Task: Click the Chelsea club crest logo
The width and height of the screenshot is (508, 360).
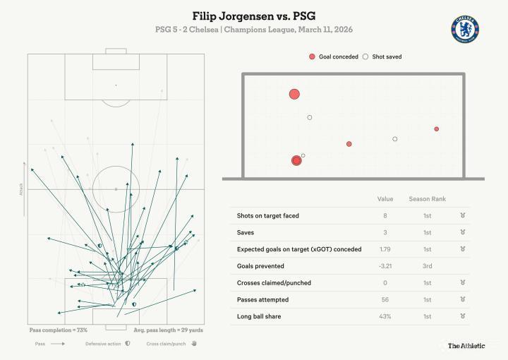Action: tap(464, 29)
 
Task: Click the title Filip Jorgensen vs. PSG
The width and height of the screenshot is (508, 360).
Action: tap(253, 16)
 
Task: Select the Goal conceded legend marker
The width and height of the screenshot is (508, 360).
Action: tap(312, 56)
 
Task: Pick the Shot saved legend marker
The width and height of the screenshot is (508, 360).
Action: tap(365, 56)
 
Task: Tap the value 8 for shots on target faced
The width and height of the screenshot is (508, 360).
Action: tap(385, 215)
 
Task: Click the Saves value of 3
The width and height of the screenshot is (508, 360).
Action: tap(385, 232)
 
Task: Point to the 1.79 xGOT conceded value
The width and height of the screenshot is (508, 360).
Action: tap(385, 249)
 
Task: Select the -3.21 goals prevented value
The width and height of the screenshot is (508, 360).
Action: tap(385, 266)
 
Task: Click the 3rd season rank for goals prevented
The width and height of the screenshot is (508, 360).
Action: tap(427, 266)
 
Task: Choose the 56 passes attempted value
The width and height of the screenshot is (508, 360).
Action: tap(385, 300)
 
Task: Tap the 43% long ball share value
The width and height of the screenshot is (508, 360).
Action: tap(385, 317)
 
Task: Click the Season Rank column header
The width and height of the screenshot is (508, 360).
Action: tap(427, 199)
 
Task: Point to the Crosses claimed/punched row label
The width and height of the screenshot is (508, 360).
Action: tap(274, 283)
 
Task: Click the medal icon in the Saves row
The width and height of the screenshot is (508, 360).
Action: tap(462, 232)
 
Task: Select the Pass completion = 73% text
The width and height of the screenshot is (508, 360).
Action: tap(59, 330)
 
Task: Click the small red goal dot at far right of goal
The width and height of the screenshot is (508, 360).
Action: tap(437, 128)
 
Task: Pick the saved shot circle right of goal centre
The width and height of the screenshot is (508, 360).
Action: tap(395, 139)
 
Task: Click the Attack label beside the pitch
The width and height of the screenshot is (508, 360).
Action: tap(22, 188)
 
